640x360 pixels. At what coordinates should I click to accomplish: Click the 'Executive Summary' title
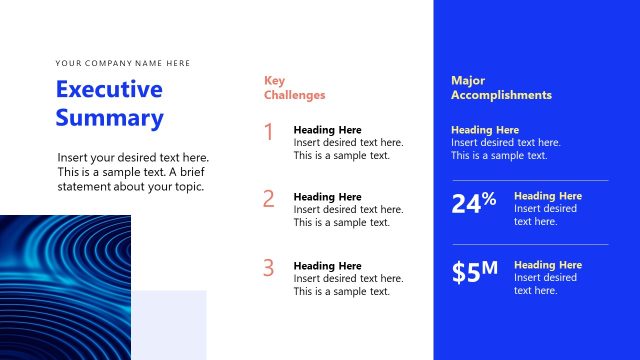coord(109,104)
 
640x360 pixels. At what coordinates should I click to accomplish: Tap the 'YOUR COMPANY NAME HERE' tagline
coord(122,63)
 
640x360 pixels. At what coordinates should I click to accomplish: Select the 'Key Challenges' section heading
coord(294,88)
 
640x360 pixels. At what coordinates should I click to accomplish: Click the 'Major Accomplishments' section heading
coord(501,88)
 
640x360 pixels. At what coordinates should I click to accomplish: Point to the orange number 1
coord(268,132)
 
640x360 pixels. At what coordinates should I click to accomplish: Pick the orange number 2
coord(268,198)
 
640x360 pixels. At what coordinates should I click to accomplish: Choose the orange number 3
coord(268,267)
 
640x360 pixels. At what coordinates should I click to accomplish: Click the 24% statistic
coord(474,203)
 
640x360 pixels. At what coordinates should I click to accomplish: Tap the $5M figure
coord(474,271)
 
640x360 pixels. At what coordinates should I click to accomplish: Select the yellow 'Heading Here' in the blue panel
coord(485,130)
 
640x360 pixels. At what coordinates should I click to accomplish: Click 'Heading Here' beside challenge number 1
coord(327,130)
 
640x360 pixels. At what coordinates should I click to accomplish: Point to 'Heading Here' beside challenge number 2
coord(327,197)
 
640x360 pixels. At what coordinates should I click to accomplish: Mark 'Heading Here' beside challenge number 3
coord(327,266)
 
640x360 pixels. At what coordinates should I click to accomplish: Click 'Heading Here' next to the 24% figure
coord(547,196)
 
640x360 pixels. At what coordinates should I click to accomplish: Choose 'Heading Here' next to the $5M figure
coord(547,265)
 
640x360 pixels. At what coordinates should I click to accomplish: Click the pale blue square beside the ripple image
coord(170,325)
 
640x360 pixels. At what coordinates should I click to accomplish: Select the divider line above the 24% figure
coord(529,180)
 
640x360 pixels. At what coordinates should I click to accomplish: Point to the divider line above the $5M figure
coord(529,244)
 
